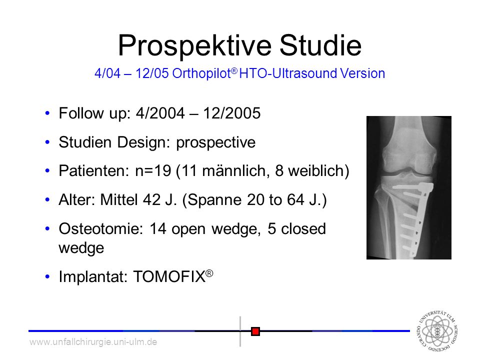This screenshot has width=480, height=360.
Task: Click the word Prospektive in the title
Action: [194, 46]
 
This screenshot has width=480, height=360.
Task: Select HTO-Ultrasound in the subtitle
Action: [288, 73]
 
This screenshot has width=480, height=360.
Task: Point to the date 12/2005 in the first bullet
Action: [231, 113]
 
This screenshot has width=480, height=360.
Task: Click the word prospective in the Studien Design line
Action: [216, 142]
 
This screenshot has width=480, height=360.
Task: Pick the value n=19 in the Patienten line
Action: [153, 171]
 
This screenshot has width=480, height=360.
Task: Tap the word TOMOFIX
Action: [169, 276]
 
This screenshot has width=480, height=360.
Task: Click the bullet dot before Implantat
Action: [47, 276]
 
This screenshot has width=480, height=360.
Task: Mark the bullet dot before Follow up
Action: [47, 113]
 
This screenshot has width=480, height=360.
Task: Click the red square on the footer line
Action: [255, 331]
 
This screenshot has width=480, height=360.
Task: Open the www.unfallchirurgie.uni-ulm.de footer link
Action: [93, 341]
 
